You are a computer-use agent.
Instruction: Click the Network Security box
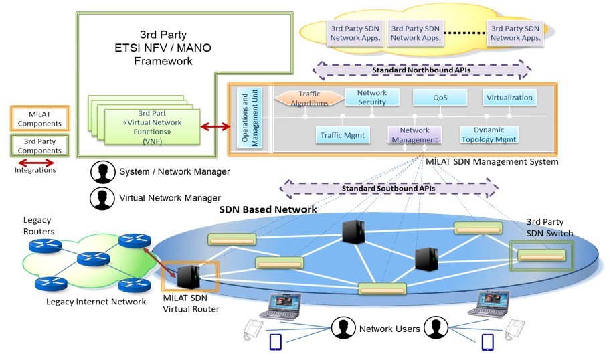[x=372, y=98]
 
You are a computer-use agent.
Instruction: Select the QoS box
[x=440, y=98]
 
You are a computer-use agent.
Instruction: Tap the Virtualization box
[x=509, y=98]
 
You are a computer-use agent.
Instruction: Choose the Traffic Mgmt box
[x=342, y=134]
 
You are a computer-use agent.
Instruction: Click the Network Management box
[x=414, y=134]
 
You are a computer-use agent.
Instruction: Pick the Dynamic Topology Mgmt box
[x=489, y=134]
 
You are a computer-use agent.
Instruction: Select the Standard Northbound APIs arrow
[x=421, y=69]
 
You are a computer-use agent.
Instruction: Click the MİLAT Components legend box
[x=39, y=118]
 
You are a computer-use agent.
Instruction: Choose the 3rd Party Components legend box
[x=39, y=146]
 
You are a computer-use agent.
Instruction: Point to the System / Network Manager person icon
[x=102, y=172]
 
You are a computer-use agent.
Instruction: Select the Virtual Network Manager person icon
[x=102, y=198]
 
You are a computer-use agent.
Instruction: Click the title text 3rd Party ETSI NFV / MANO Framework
[x=163, y=48]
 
